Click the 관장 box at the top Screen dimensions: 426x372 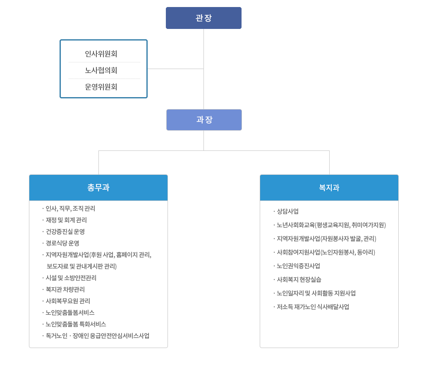pyautogui.click(x=203, y=18)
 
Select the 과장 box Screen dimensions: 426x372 pyautogui.click(x=204, y=120)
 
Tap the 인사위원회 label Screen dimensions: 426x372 pyautogui.click(x=101, y=54)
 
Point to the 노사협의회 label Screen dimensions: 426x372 pyautogui.click(x=101, y=70)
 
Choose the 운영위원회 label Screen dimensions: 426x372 pyautogui.click(x=101, y=87)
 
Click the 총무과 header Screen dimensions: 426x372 pyautogui.click(x=98, y=188)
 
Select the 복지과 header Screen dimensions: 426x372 pyautogui.click(x=329, y=188)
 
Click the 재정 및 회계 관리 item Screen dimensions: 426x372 pyautogui.click(x=66, y=220)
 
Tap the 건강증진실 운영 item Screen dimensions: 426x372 pyautogui.click(x=65, y=231)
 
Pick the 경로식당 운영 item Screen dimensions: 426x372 pyautogui.click(x=62, y=243)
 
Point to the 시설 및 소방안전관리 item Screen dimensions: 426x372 pyautogui.click(x=71, y=278)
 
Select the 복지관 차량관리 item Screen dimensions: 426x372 pyautogui.click(x=65, y=289)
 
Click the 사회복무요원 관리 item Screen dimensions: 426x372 pyautogui.click(x=68, y=301)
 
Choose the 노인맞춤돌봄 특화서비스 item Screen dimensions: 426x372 pyautogui.click(x=76, y=324)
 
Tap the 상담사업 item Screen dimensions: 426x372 pyautogui.click(x=287, y=211)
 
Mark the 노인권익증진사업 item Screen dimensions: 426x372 pyautogui.click(x=298, y=266)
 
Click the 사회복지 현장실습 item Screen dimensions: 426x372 pyautogui.click(x=299, y=279)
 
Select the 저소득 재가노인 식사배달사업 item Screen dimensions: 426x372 pyautogui.click(x=313, y=307)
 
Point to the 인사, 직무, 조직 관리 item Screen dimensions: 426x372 pyautogui.click(x=70, y=209)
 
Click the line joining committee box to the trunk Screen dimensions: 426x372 pyautogui.click(x=175, y=69)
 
